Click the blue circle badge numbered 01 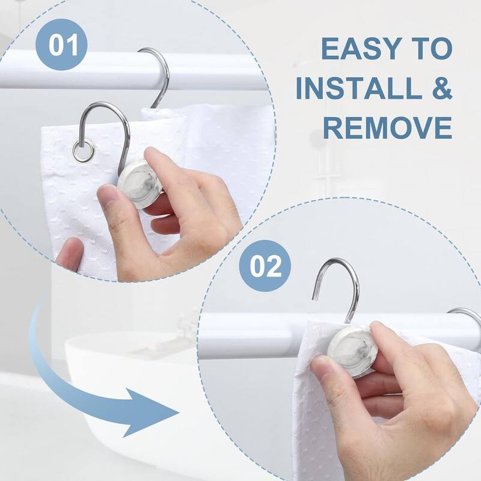tap(61, 44)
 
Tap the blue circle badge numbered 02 tap(265, 266)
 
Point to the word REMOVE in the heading tap(387, 127)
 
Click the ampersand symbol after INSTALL tap(440, 88)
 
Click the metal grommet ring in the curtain tap(84, 151)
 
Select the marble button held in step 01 tap(136, 184)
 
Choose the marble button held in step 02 tap(353, 351)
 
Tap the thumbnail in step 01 tap(109, 196)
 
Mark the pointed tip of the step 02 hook tap(314, 298)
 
